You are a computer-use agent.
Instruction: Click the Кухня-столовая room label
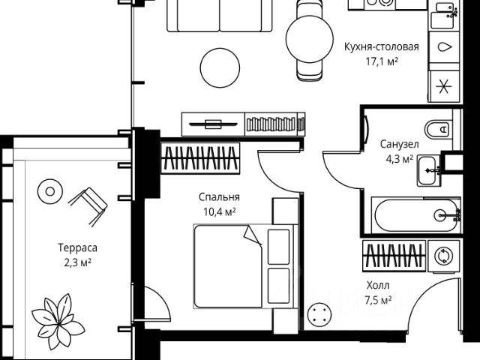(x=382, y=47)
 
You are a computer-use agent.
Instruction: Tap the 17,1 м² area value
(x=382, y=61)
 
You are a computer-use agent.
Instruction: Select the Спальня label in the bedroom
(x=219, y=197)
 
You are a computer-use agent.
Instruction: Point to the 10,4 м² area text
(x=219, y=211)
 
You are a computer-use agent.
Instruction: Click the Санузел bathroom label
(x=399, y=144)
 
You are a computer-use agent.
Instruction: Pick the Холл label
(x=378, y=285)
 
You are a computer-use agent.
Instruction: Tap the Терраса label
(x=78, y=247)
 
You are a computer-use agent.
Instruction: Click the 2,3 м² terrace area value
(x=78, y=262)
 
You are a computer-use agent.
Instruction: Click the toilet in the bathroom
(x=438, y=130)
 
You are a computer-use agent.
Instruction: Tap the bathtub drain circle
(x=442, y=215)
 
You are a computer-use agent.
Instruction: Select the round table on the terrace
(x=50, y=192)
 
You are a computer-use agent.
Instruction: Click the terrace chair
(x=88, y=207)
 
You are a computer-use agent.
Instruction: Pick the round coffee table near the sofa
(x=220, y=68)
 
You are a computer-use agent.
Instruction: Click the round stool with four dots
(x=319, y=314)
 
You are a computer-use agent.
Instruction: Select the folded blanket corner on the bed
(x=253, y=235)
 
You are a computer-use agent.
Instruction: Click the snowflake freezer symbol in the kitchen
(x=443, y=87)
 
